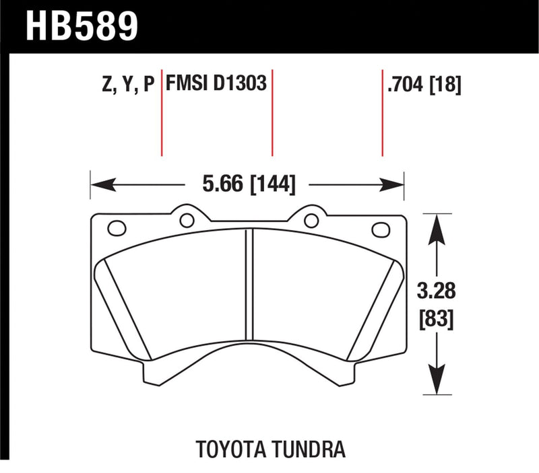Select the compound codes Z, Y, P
tap(125, 85)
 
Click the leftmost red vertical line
tap(162, 111)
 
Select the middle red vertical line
tap(272, 111)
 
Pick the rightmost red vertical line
tap(383, 111)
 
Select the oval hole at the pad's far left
tap(117, 229)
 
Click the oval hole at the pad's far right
tap(381, 229)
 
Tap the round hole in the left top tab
tap(187, 219)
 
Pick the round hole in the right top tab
tap(311, 219)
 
